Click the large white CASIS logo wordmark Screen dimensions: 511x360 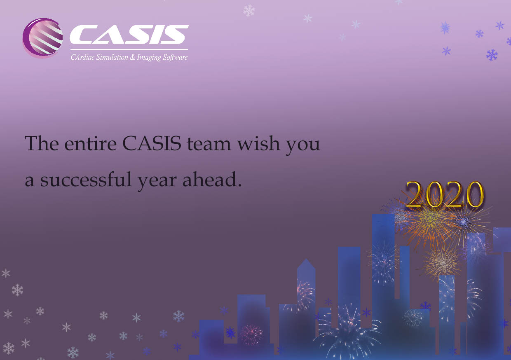[129, 34]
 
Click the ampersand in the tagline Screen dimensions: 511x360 [133, 57]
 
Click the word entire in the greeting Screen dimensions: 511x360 [90, 144]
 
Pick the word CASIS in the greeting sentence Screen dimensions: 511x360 [152, 143]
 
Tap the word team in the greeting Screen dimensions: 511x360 [209, 144]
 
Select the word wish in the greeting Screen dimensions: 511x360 [258, 143]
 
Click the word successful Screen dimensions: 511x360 [86, 179]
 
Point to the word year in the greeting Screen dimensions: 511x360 [157, 182]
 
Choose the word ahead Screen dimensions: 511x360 [212, 179]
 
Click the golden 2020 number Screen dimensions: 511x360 [444, 194]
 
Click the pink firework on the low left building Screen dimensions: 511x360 [251, 334]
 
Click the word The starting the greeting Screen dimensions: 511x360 [42, 143]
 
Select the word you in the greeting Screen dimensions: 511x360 [303, 146]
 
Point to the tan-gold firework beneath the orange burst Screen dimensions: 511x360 [442, 263]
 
